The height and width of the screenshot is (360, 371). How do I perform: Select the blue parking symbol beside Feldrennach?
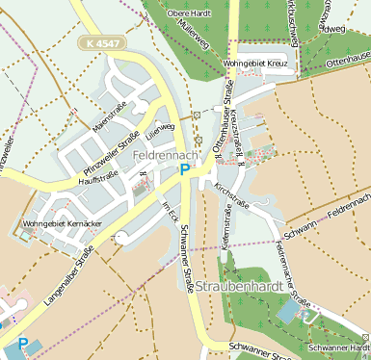point(184,170)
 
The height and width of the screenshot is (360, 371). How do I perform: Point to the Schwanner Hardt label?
point(337,347)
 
